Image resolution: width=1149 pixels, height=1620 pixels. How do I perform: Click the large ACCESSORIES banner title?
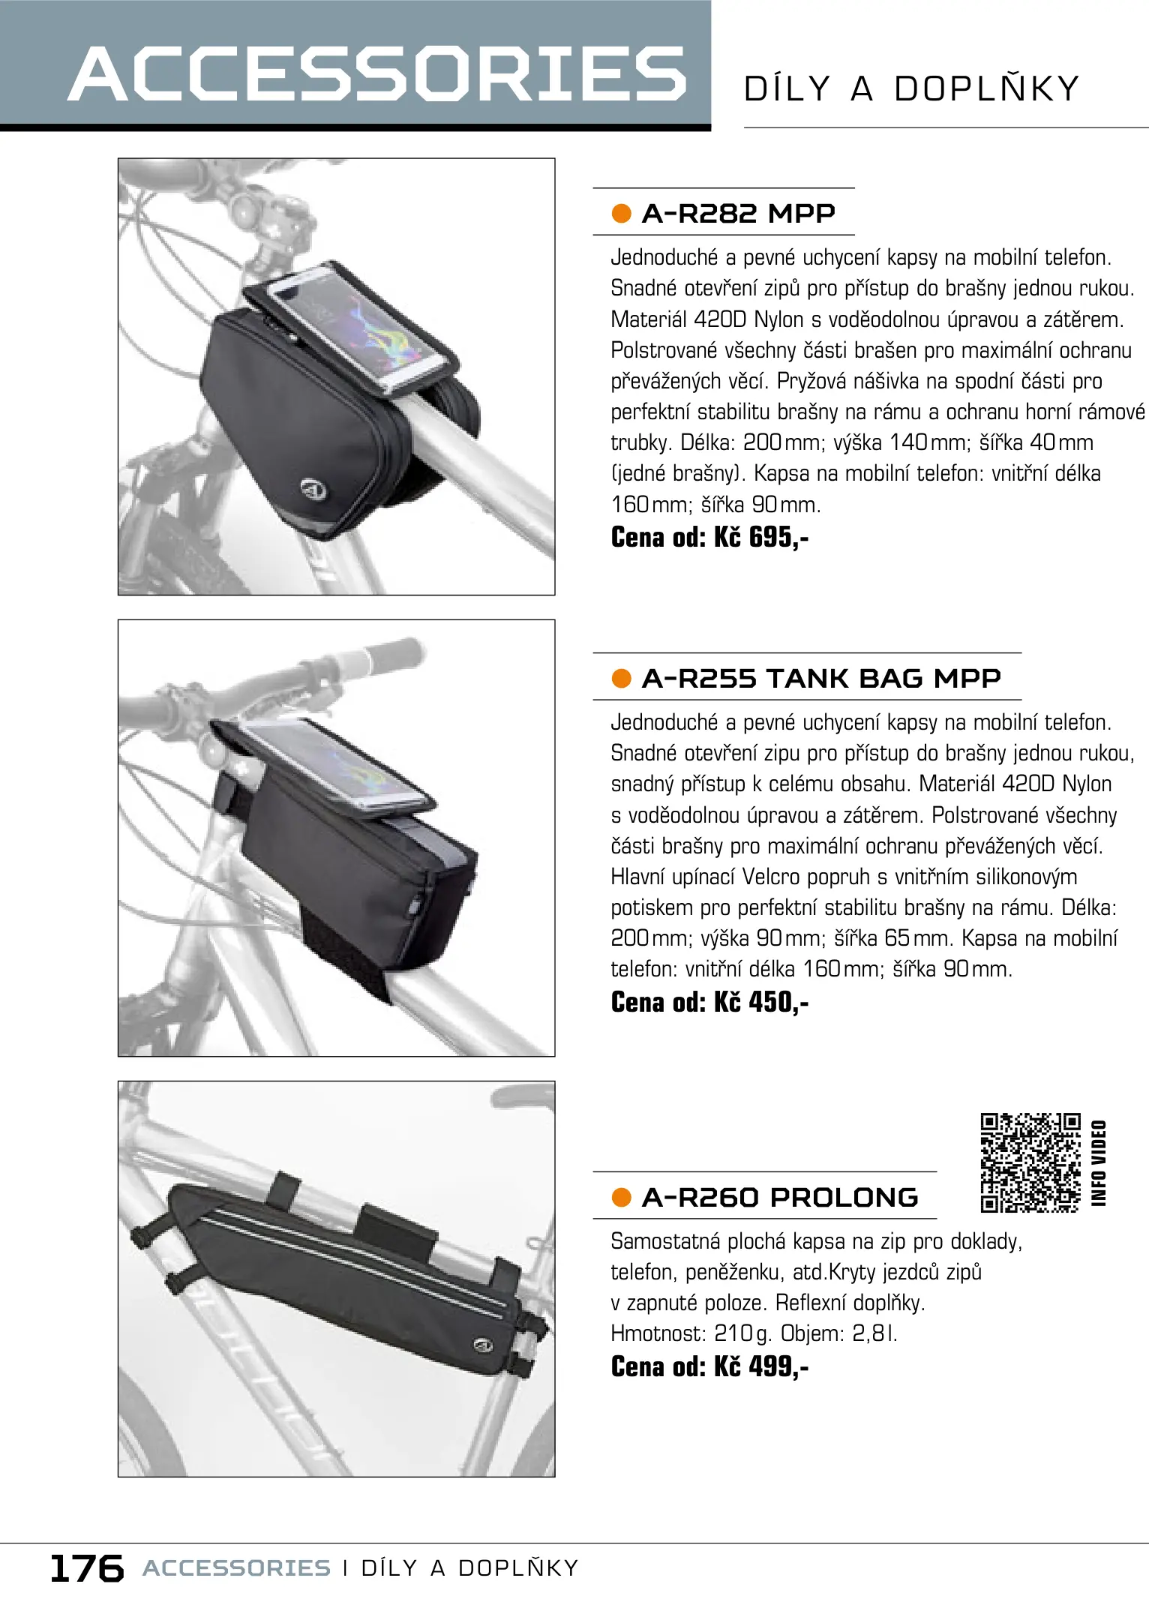377,73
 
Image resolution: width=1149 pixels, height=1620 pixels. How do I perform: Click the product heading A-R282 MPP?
738,213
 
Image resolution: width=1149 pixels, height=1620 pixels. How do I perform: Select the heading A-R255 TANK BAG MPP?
821,678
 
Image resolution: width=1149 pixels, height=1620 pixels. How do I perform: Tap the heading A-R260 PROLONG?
780,1197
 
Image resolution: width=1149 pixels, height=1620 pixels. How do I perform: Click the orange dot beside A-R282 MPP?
621,214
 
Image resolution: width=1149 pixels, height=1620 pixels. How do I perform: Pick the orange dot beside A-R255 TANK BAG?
621,679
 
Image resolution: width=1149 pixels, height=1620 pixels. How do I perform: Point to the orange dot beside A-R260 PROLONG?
621,1198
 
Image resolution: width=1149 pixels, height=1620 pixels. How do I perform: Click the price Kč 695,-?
760,537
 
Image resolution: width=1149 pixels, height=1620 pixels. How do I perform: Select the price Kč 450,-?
760,1002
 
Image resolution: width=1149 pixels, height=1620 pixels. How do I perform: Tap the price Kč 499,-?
760,1366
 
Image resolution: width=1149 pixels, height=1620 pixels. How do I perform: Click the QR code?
1030,1162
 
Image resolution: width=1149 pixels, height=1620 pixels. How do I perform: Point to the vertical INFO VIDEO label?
1099,1163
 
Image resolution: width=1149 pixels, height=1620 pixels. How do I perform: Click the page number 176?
86,1568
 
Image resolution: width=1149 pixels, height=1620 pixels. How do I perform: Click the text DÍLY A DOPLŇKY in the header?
911,88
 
